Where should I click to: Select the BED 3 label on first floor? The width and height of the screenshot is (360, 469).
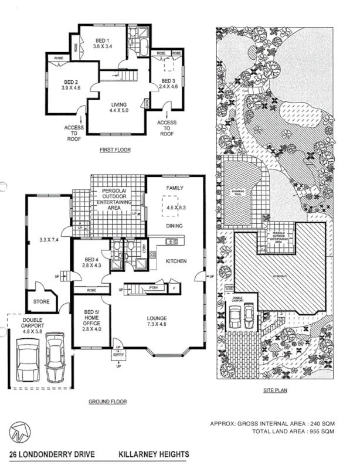pyautogui.click(x=168, y=80)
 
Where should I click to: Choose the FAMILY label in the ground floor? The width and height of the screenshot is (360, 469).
pyautogui.click(x=175, y=188)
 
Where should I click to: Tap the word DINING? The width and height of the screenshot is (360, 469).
pyautogui.click(x=174, y=225)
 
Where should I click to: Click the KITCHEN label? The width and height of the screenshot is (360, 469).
pyautogui.click(x=176, y=260)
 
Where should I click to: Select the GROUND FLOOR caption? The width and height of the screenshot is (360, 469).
pyautogui.click(x=107, y=402)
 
